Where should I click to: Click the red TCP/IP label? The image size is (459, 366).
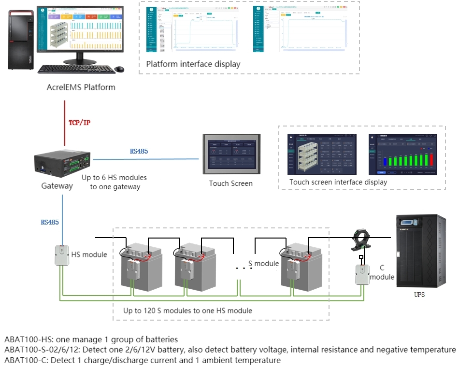(x=79, y=123)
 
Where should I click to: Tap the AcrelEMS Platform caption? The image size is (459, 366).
(x=81, y=87)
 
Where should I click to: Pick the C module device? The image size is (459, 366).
(x=362, y=275)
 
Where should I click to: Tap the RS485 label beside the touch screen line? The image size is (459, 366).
(x=139, y=151)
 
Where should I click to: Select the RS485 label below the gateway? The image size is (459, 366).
(x=50, y=223)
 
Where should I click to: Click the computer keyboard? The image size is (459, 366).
(x=76, y=69)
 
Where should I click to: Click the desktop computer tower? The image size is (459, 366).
(x=22, y=41)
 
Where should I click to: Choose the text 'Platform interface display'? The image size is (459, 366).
(x=193, y=64)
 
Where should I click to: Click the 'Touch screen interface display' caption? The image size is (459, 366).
(x=338, y=182)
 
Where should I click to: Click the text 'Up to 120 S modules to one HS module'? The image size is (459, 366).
(x=187, y=310)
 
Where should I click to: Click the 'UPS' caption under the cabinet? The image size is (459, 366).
(x=419, y=295)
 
